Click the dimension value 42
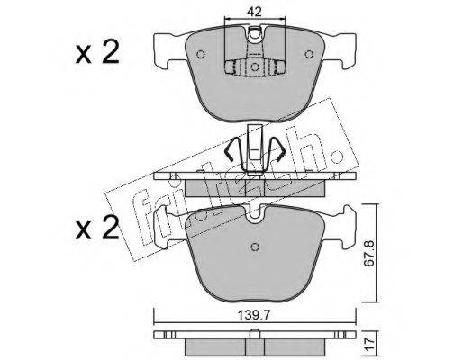[255, 12]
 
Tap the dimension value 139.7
[254, 315]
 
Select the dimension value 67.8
[369, 252]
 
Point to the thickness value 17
[370, 342]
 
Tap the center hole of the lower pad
[255, 247]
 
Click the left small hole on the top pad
[201, 54]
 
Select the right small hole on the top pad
[309, 54]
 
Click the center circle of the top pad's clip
[255, 67]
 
